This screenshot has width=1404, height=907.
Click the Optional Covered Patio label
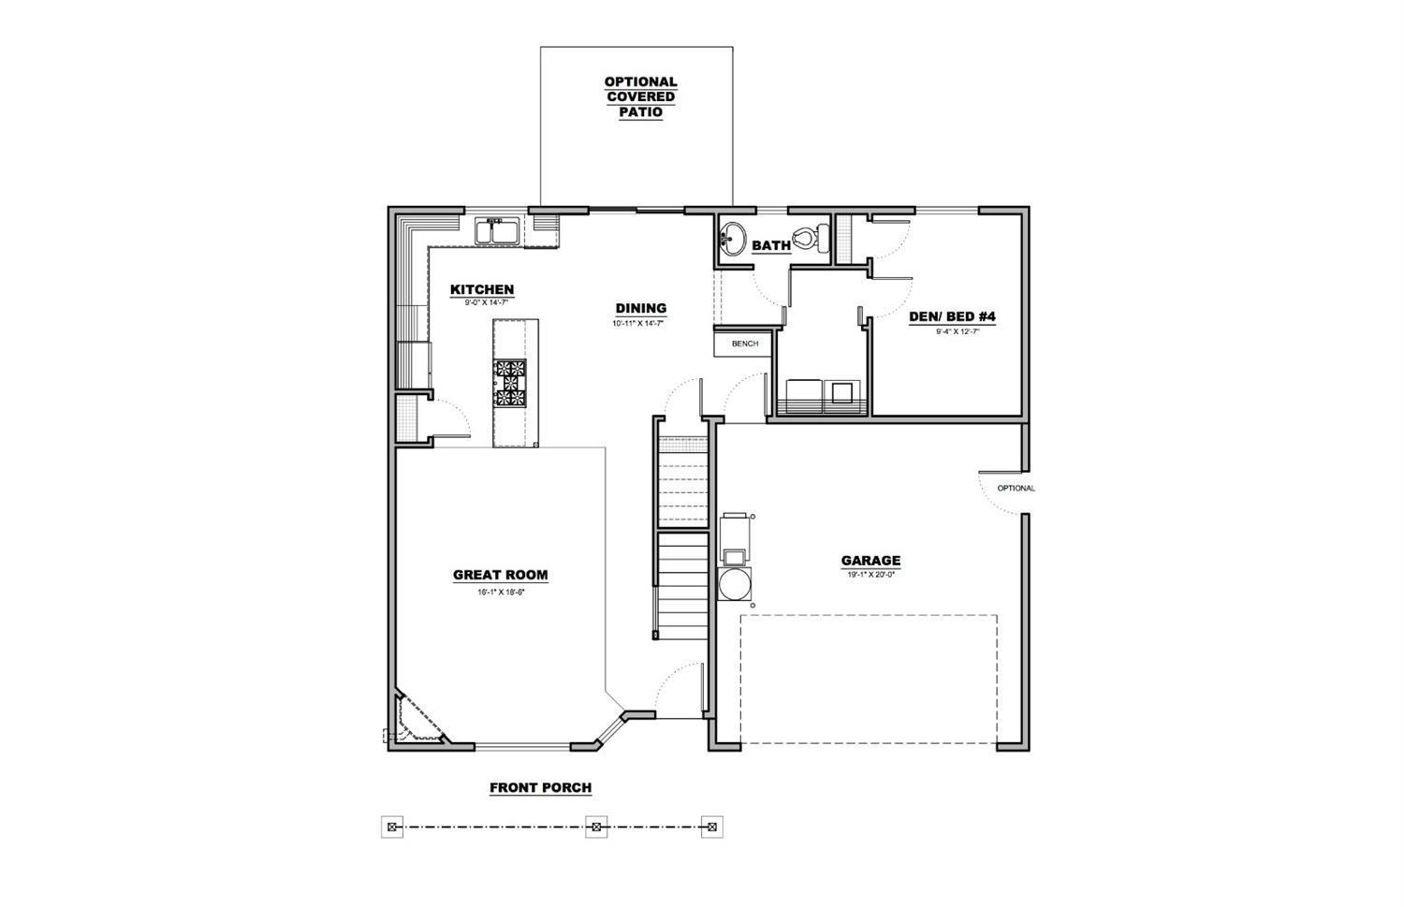pyautogui.click(x=640, y=97)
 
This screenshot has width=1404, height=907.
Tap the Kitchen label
pyautogui.click(x=482, y=290)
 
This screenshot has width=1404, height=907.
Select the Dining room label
pyautogui.click(x=641, y=308)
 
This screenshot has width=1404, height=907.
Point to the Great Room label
pyautogui.click(x=501, y=576)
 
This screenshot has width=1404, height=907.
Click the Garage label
pyautogui.click(x=870, y=561)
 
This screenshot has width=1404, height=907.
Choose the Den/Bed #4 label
pyautogui.click(x=952, y=316)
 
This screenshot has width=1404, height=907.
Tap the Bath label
pyautogui.click(x=771, y=245)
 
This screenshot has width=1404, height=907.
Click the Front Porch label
pyautogui.click(x=540, y=788)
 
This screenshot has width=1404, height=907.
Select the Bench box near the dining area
pyautogui.click(x=745, y=344)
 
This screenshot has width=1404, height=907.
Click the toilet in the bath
pyautogui.click(x=812, y=238)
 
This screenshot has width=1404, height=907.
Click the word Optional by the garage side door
pyautogui.click(x=1016, y=489)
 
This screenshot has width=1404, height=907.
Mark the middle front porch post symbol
pyautogui.click(x=596, y=827)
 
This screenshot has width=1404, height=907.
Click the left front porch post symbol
pyautogui.click(x=392, y=827)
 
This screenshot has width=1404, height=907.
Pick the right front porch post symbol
pyautogui.click(x=711, y=827)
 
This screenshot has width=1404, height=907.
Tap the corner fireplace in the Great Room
pyautogui.click(x=414, y=719)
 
